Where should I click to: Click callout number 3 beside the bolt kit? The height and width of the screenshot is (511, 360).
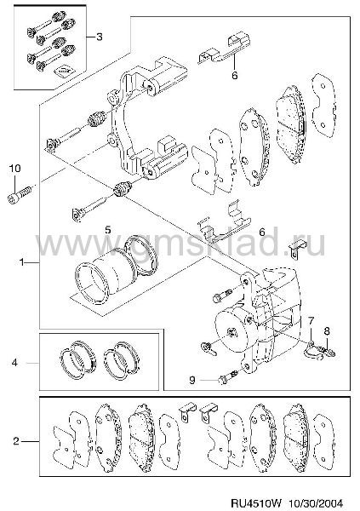coord(99,37)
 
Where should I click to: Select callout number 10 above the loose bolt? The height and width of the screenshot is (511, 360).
coord(14,169)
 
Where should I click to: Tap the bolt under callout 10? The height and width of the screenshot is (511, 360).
coord(20,194)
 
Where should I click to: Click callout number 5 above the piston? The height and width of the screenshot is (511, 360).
coord(108,230)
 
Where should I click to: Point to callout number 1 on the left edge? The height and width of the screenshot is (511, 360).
coord(22,261)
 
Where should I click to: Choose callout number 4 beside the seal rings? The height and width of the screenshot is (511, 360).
coord(14,363)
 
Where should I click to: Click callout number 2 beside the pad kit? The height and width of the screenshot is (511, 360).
coord(16,441)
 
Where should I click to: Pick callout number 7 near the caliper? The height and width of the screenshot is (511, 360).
coord(311,321)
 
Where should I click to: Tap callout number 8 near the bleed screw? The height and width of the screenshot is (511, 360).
coord(327,331)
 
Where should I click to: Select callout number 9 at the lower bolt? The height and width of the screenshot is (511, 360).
coord(192,380)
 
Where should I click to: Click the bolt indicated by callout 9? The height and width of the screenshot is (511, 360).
coord(229,377)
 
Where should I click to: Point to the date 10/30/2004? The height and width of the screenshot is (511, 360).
coord(315,503)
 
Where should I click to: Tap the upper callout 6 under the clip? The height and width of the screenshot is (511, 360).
coord(235,75)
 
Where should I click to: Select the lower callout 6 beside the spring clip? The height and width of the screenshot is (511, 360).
coord(262,232)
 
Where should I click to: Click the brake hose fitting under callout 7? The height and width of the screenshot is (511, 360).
coord(313,350)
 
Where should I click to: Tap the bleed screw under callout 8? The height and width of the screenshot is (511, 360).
coord(327,351)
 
